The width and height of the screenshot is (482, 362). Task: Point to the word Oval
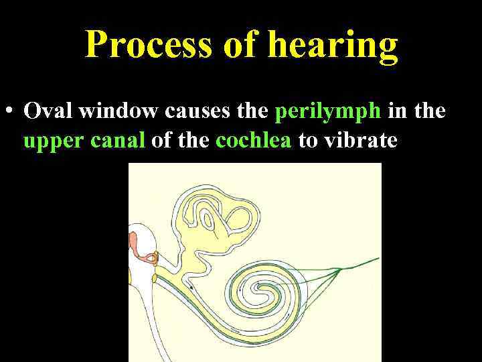(x=48, y=111)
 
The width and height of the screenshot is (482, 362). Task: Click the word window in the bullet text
(x=116, y=111)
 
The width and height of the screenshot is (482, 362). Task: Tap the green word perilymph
(x=328, y=111)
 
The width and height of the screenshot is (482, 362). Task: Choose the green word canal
(x=116, y=141)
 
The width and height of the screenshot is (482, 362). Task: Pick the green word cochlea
(x=254, y=141)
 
